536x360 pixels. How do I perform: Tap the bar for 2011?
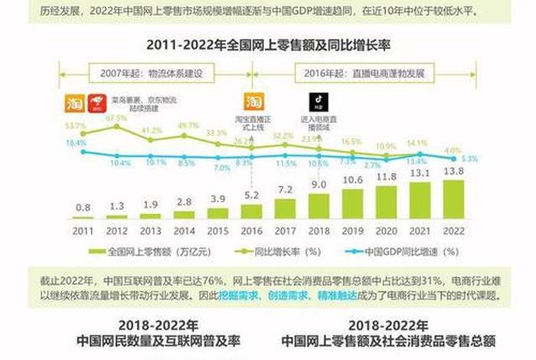pos(83,218)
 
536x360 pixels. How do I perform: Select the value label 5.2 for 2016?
pos(251,196)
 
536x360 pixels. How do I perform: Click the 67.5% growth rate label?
pos(116,118)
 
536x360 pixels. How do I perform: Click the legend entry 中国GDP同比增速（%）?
pos(406,250)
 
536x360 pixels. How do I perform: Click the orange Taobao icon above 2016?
pos(253,102)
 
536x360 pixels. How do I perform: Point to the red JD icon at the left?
pos(96,102)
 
